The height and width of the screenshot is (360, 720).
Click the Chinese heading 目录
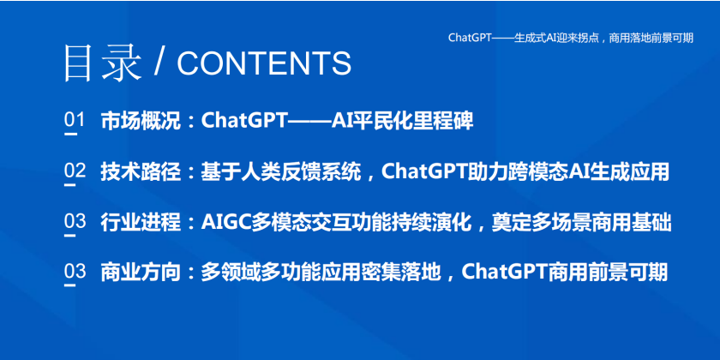[102, 63]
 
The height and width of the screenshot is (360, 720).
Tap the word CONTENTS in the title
[264, 63]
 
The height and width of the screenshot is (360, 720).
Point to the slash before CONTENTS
[159, 63]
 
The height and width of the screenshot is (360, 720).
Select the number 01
[75, 120]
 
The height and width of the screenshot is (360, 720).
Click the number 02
[75, 171]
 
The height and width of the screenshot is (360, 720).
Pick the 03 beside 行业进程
[75, 221]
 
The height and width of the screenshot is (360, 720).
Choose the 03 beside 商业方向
[75, 272]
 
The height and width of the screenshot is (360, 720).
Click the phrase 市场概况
[141, 121]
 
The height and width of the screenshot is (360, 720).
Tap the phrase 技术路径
[141, 171]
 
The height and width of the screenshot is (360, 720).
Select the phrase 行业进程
[141, 223]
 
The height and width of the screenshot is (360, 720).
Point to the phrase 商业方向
[141, 273]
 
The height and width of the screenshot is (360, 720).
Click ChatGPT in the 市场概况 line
[244, 121]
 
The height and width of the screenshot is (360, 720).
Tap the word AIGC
[225, 223]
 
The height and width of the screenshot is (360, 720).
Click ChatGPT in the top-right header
[470, 38]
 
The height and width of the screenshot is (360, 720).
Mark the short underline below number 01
[70, 134]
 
